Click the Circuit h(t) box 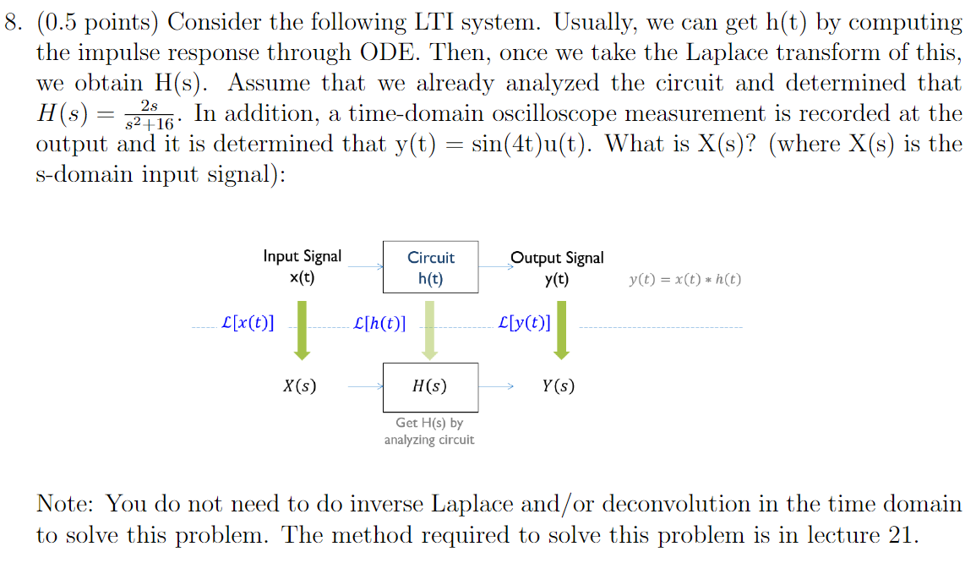431,267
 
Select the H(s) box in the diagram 430,387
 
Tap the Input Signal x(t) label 302,267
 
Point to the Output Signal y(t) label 557,267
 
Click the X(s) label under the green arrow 300,387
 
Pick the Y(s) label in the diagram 558,387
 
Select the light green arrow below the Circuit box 430,331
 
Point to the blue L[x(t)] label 246,323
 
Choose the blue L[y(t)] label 524,323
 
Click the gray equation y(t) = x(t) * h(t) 685,280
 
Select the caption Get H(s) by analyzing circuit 429,431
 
